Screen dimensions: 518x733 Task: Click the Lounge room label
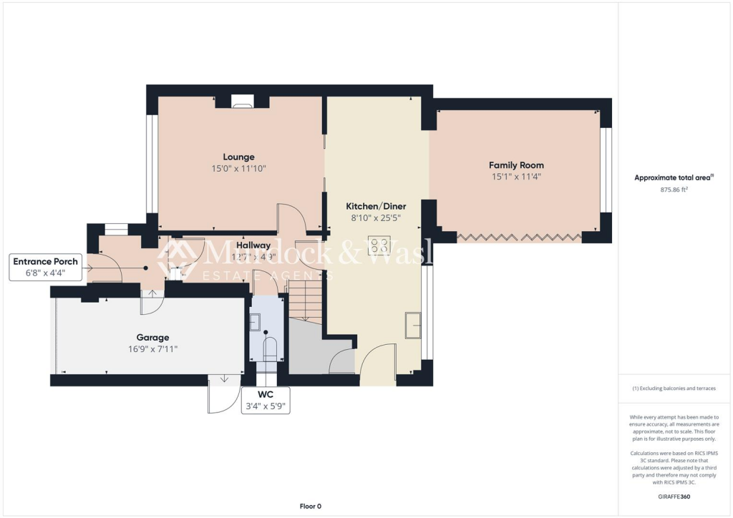238,157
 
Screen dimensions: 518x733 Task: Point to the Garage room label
152,338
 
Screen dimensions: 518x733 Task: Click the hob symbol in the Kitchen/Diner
379,246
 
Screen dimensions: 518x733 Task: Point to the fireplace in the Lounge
242,102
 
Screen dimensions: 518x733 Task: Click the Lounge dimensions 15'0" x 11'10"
238,170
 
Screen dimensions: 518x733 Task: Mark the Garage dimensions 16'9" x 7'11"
152,349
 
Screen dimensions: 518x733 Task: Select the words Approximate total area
671,178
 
